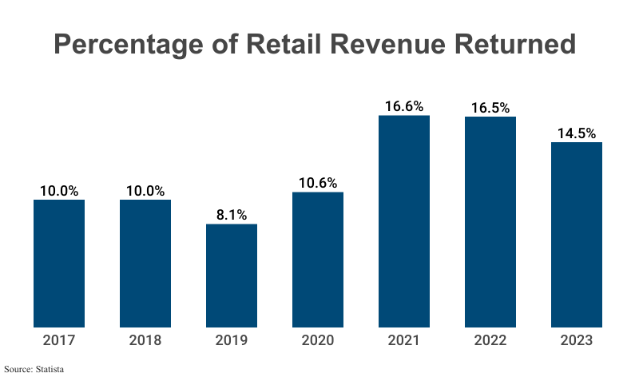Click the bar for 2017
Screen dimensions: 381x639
(59, 264)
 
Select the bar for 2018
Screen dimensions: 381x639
(145, 264)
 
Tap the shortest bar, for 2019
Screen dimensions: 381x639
(232, 276)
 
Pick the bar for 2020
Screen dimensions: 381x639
(318, 260)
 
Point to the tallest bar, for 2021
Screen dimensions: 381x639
(404, 221)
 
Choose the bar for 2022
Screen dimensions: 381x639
(490, 222)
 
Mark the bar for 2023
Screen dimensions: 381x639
(577, 235)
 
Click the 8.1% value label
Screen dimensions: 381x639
(232, 214)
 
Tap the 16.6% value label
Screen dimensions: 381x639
(404, 105)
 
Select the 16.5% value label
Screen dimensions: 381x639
(490, 107)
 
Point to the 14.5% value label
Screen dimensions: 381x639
(577, 133)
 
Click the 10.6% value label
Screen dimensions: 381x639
(318, 182)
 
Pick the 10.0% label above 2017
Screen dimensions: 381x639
(59, 190)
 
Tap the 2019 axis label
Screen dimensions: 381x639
(232, 341)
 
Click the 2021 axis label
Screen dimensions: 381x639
(404, 341)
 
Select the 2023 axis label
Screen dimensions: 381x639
(577, 341)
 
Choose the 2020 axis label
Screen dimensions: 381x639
(318, 341)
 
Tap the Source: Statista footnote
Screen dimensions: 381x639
(34, 370)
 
